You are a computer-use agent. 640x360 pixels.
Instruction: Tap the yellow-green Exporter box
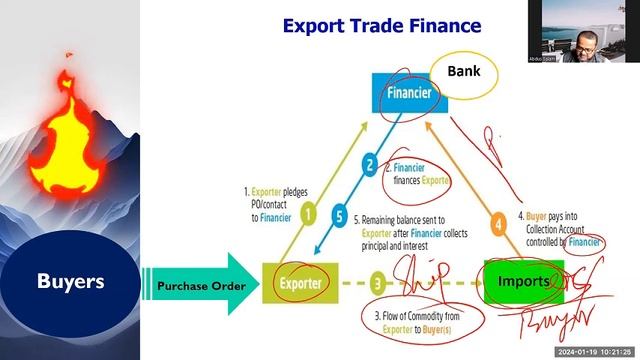[296, 283]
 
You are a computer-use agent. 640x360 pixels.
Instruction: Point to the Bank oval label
[463, 73]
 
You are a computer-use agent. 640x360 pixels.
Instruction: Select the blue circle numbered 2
[369, 165]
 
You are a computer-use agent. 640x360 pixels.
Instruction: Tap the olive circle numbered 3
[378, 283]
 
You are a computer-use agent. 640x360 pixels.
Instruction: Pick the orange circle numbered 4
[497, 223]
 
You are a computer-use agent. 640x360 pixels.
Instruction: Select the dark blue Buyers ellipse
[70, 282]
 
